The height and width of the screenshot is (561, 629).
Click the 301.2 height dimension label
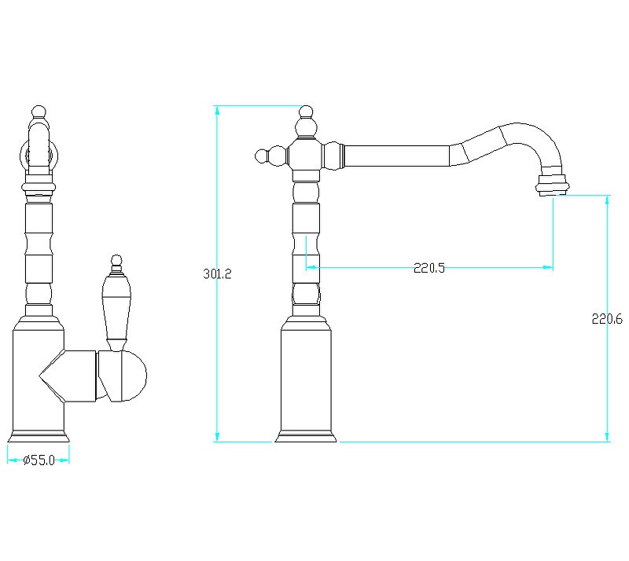[x=217, y=274]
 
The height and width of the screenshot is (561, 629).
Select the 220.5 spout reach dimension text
[x=429, y=268]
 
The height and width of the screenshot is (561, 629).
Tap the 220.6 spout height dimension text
[x=607, y=319]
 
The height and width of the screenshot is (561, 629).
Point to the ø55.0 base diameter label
[x=39, y=460]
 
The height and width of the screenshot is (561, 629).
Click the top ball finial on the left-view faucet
[x=39, y=112]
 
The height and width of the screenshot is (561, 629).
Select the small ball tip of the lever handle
[x=116, y=259]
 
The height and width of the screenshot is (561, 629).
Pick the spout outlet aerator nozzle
[x=553, y=185]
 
